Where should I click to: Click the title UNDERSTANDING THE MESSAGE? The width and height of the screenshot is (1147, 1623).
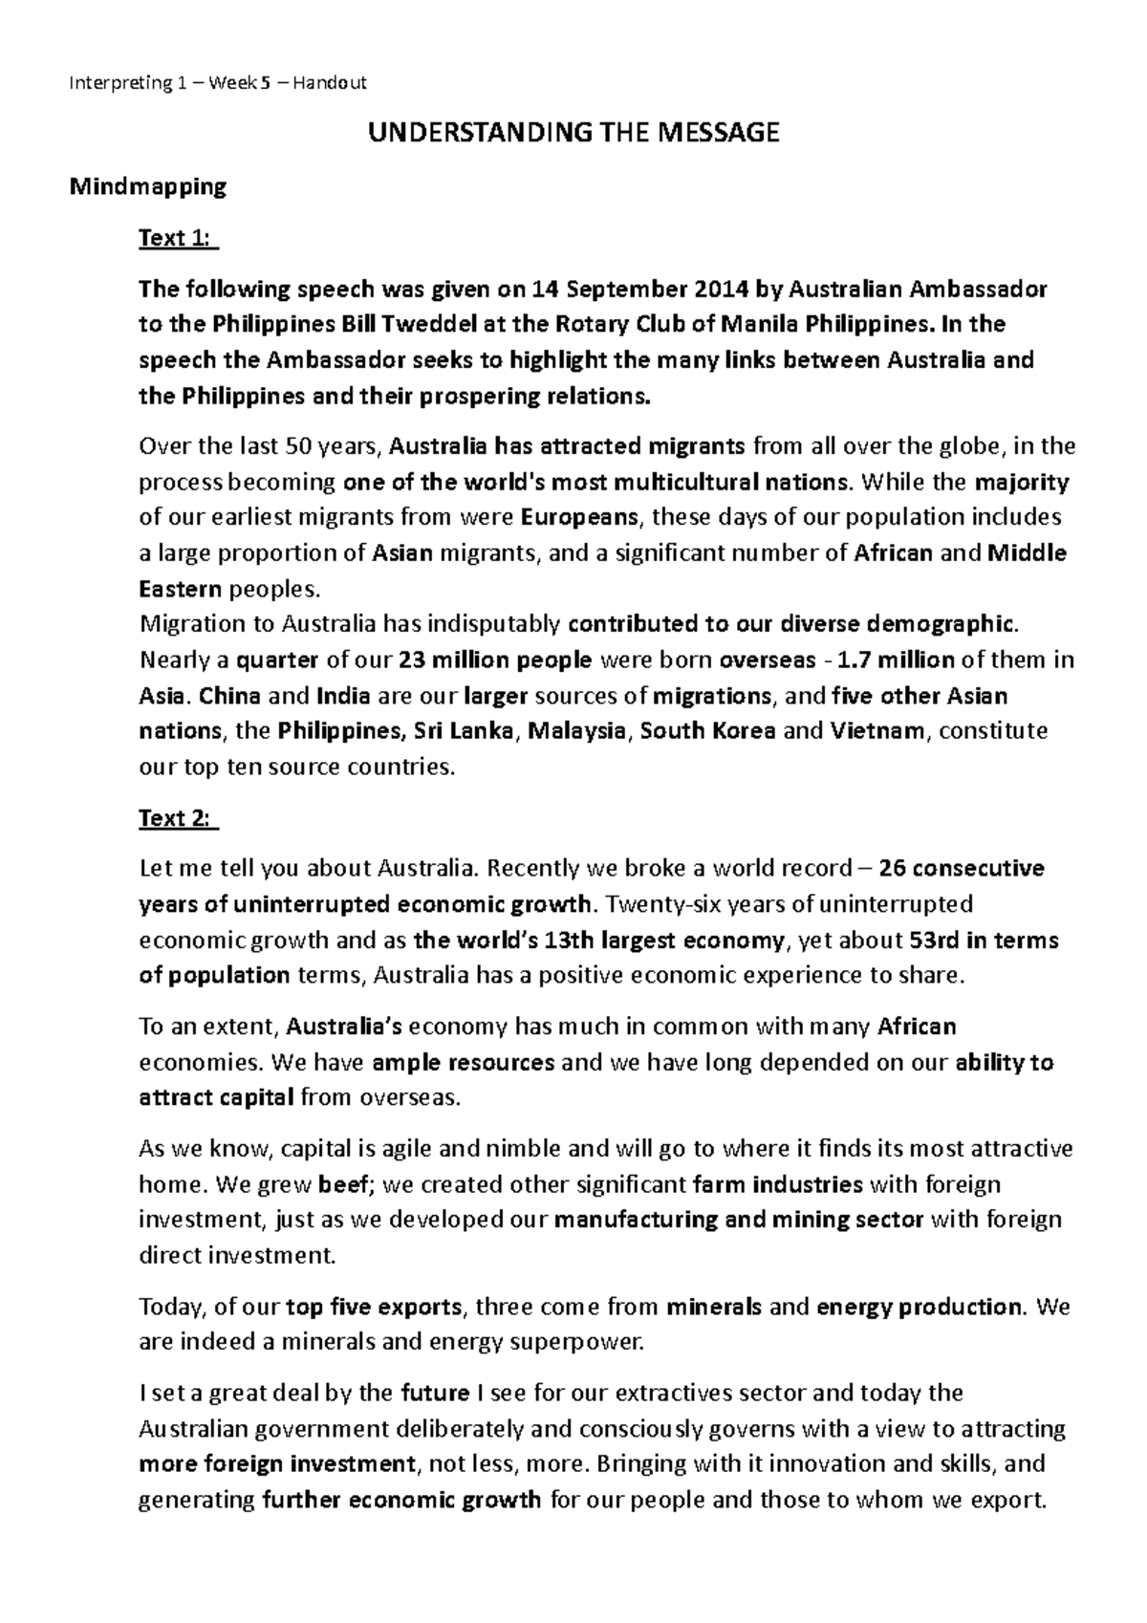coord(573,133)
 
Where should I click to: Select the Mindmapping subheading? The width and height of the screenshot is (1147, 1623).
coord(148,186)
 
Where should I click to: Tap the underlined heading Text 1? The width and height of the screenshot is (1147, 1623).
coord(179,238)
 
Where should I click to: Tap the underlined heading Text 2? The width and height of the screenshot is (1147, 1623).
coord(179,818)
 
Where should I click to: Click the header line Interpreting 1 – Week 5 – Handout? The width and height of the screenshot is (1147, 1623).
coord(218,83)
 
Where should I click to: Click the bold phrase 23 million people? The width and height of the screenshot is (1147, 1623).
coord(496,660)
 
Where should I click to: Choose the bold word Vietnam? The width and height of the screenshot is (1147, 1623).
coord(876,731)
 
